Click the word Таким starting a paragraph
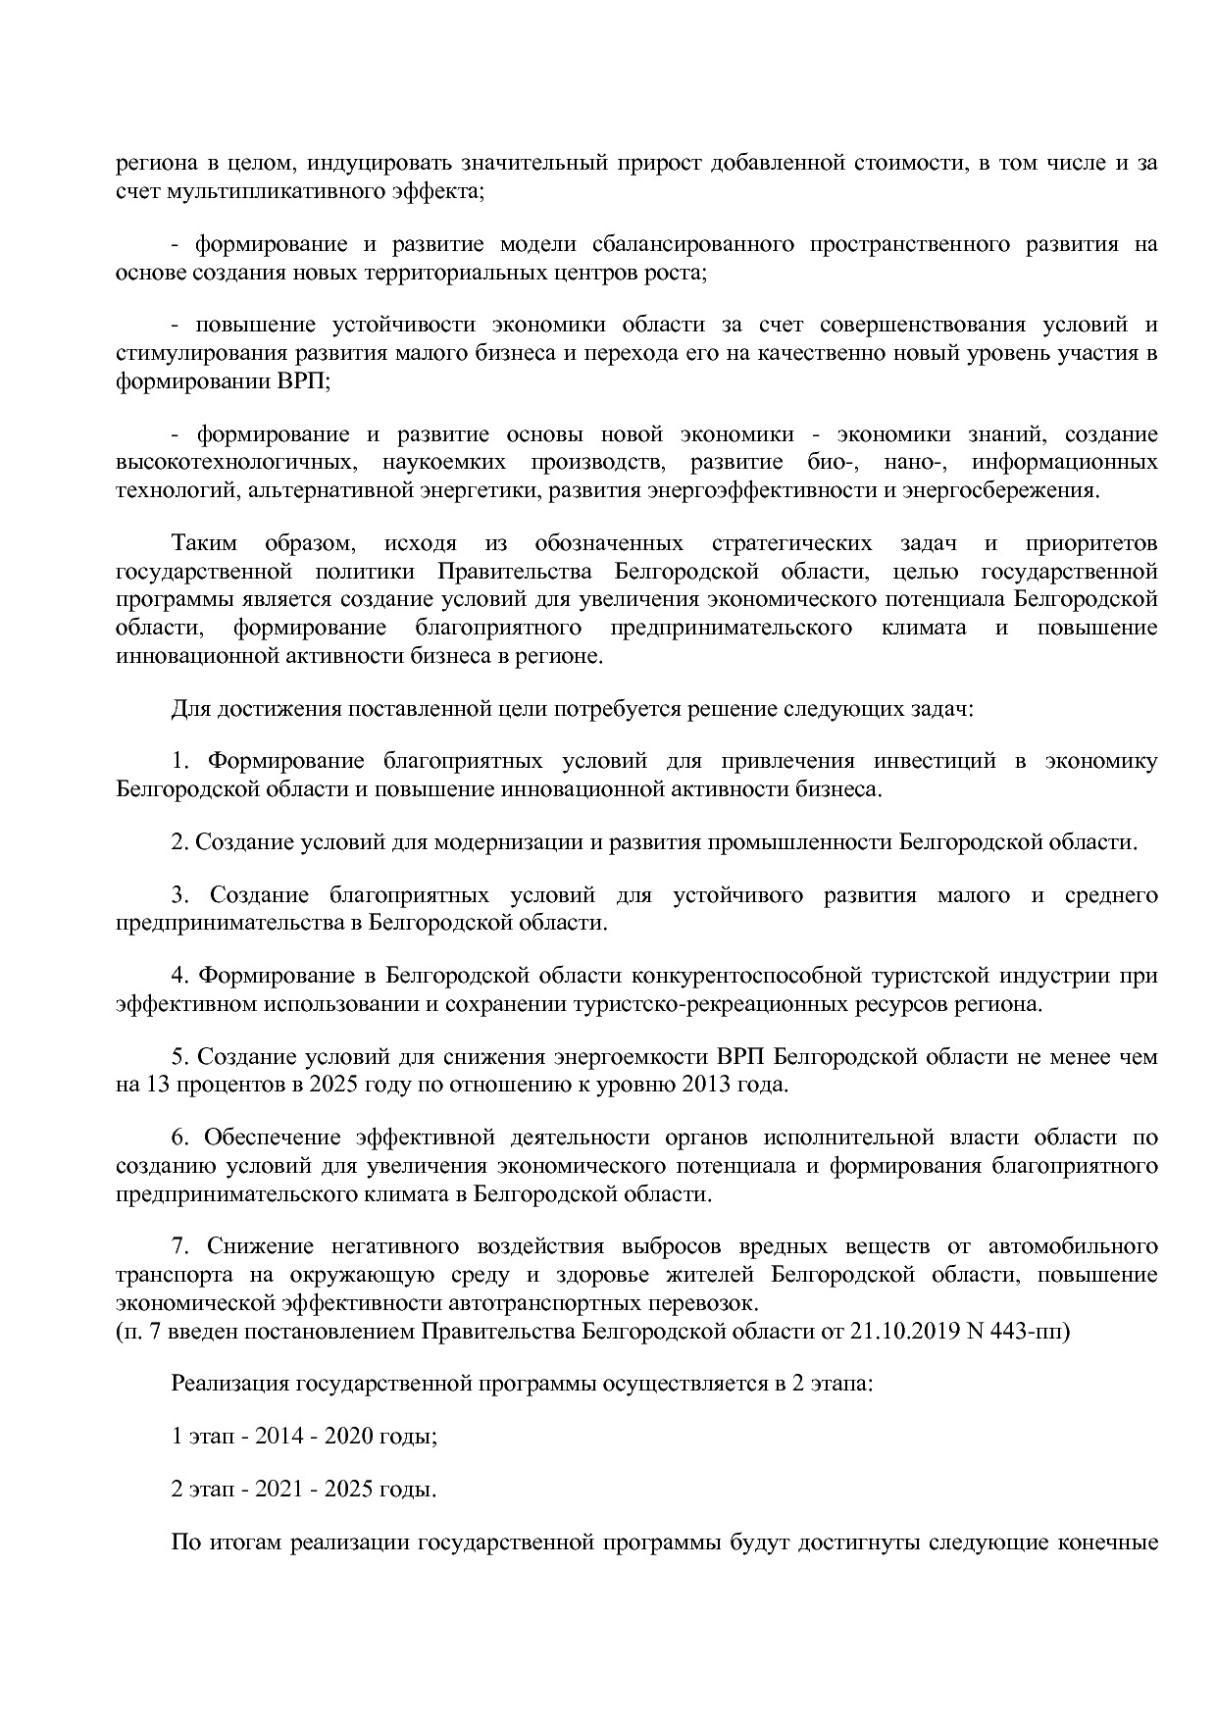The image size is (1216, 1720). (204, 543)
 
